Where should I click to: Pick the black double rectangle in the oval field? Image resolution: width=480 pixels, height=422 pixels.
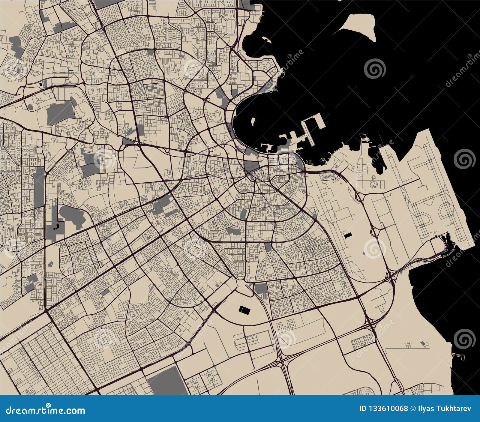(244, 310)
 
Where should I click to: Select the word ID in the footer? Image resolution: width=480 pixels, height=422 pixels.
(363, 409)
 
